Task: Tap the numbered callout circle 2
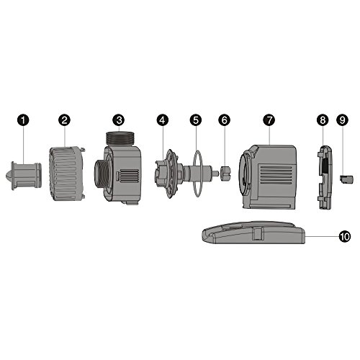tap(64, 120)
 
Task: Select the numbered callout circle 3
tap(120, 120)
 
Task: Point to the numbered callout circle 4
tap(163, 120)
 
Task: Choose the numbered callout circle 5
tap(194, 120)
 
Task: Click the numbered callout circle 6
tap(225, 120)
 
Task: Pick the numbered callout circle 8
tap(322, 120)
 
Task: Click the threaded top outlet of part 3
tap(122, 139)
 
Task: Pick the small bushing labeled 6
tap(225, 174)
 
